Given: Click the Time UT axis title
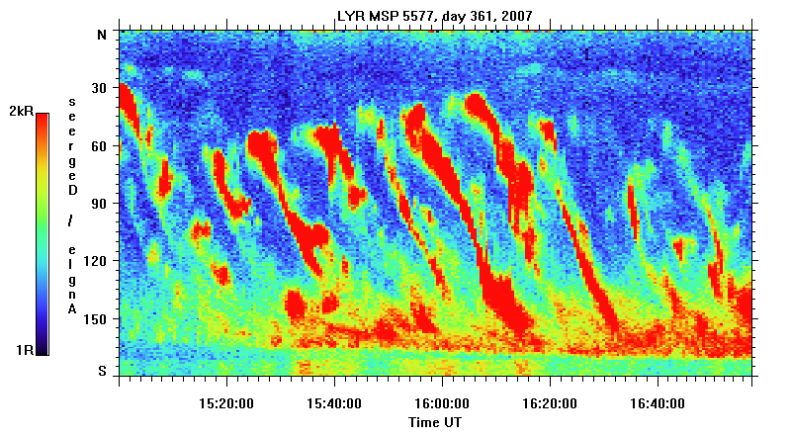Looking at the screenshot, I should point(434,422).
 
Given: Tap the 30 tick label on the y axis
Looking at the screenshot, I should point(99,89).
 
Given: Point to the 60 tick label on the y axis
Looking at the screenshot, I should point(99,146).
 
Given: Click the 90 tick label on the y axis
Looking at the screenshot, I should point(99,204).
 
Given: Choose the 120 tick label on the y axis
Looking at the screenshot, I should point(96,261).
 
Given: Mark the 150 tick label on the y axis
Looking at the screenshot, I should point(96,319).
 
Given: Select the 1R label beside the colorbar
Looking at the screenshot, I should point(26,350).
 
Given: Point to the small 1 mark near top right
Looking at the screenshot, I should point(586,54).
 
